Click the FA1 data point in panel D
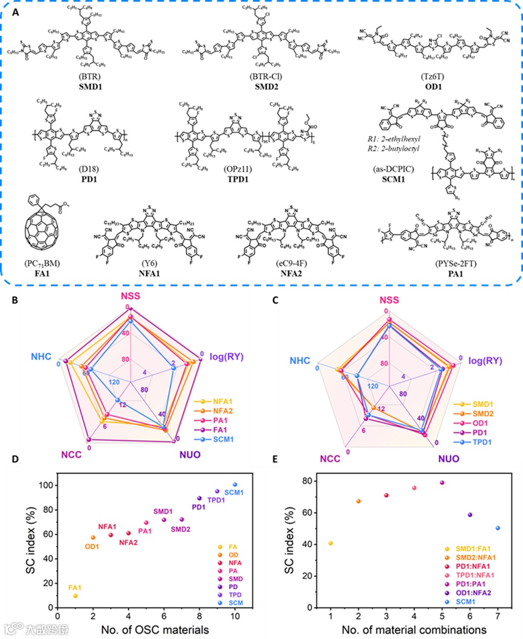(x=75, y=596)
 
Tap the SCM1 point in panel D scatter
(x=235, y=484)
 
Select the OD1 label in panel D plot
(x=92, y=547)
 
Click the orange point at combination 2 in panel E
(x=358, y=501)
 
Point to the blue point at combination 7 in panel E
(x=498, y=528)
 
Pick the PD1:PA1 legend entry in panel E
(x=469, y=584)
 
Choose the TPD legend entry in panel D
(x=235, y=594)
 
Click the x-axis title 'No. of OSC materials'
(x=155, y=630)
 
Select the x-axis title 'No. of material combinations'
(x=414, y=630)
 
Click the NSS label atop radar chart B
(x=130, y=296)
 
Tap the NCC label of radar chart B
(x=71, y=455)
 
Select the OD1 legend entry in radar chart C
(x=480, y=423)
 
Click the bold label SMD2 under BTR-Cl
(x=266, y=87)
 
